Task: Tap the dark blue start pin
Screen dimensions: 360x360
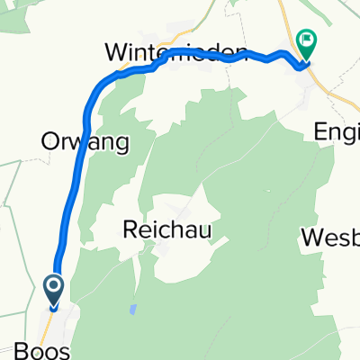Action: [53, 290]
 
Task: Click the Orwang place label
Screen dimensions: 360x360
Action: [85, 141]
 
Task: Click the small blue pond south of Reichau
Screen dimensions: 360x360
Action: [133, 310]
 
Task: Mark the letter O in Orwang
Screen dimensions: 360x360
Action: [49, 141]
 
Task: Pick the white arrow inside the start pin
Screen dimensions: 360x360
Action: [53, 288]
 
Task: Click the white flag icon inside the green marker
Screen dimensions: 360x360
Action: [308, 40]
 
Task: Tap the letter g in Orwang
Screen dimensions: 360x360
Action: [120, 144]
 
